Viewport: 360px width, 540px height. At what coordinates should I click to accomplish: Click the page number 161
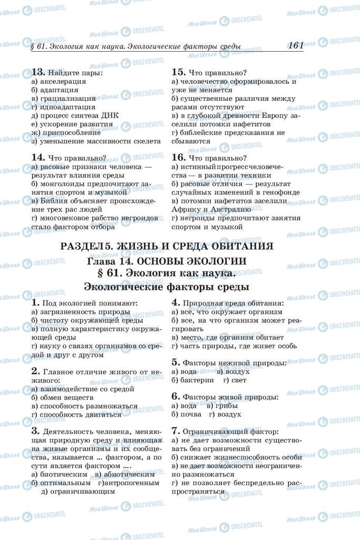(296, 45)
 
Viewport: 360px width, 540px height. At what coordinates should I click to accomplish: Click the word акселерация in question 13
(62, 82)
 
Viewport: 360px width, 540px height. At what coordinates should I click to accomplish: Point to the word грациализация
(67, 99)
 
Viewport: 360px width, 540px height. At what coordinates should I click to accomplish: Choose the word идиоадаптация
(65, 107)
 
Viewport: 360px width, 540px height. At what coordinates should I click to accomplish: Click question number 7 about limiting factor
(176, 430)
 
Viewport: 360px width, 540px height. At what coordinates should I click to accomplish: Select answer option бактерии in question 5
(196, 380)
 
